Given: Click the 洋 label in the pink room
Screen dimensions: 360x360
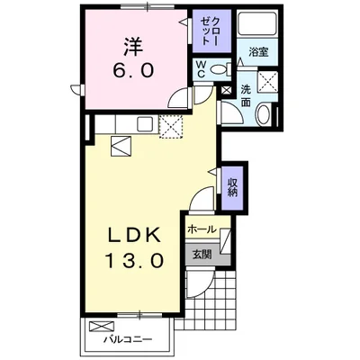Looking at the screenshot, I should (131, 42).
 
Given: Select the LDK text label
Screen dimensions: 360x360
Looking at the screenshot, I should (135, 236).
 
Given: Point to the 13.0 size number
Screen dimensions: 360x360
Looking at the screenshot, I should (135, 262).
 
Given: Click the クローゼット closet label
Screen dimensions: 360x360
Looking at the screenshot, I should (208, 31).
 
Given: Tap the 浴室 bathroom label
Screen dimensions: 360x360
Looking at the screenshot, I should (259, 52).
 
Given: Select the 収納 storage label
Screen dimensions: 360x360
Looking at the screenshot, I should (232, 186).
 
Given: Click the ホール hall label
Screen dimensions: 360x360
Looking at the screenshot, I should (202, 229).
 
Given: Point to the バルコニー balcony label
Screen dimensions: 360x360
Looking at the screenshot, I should (126, 338).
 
